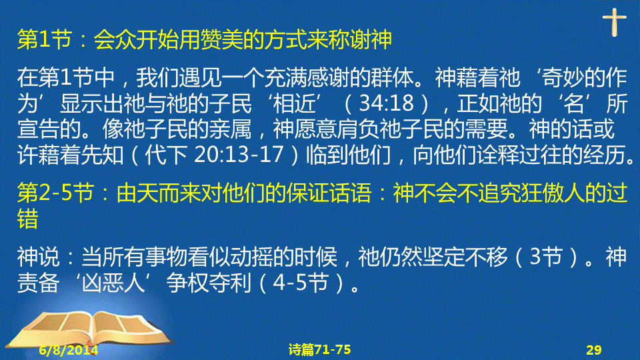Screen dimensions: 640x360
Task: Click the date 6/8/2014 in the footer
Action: click(69, 350)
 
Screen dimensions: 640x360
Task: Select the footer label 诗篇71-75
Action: click(319, 349)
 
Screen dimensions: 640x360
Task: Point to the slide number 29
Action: click(594, 350)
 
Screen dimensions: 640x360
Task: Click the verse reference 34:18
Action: click(386, 103)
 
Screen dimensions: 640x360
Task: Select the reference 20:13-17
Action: click(239, 154)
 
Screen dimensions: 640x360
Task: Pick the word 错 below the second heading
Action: click(28, 219)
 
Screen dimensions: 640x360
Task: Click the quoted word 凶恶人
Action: click(113, 283)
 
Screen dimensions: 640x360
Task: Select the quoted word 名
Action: click(573, 103)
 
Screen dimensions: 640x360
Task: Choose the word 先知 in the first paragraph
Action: click(103, 155)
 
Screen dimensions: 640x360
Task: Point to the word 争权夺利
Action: click(209, 283)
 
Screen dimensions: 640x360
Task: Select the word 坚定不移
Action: click(465, 257)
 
